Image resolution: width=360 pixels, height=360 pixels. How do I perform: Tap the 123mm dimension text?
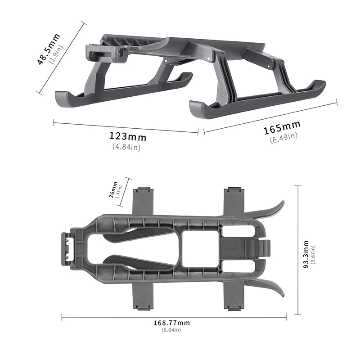pyautogui.click(x=128, y=136)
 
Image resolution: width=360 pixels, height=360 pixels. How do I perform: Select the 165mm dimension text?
pyautogui.click(x=282, y=128)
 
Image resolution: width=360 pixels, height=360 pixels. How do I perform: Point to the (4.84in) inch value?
pyautogui.click(x=126, y=147)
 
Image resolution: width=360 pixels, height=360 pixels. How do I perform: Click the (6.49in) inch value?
pyautogui.click(x=283, y=138)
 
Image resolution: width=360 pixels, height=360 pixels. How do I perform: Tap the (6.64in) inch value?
pyautogui.click(x=171, y=330)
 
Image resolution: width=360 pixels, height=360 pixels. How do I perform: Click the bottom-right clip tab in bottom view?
pyautogui.click(x=234, y=297)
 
